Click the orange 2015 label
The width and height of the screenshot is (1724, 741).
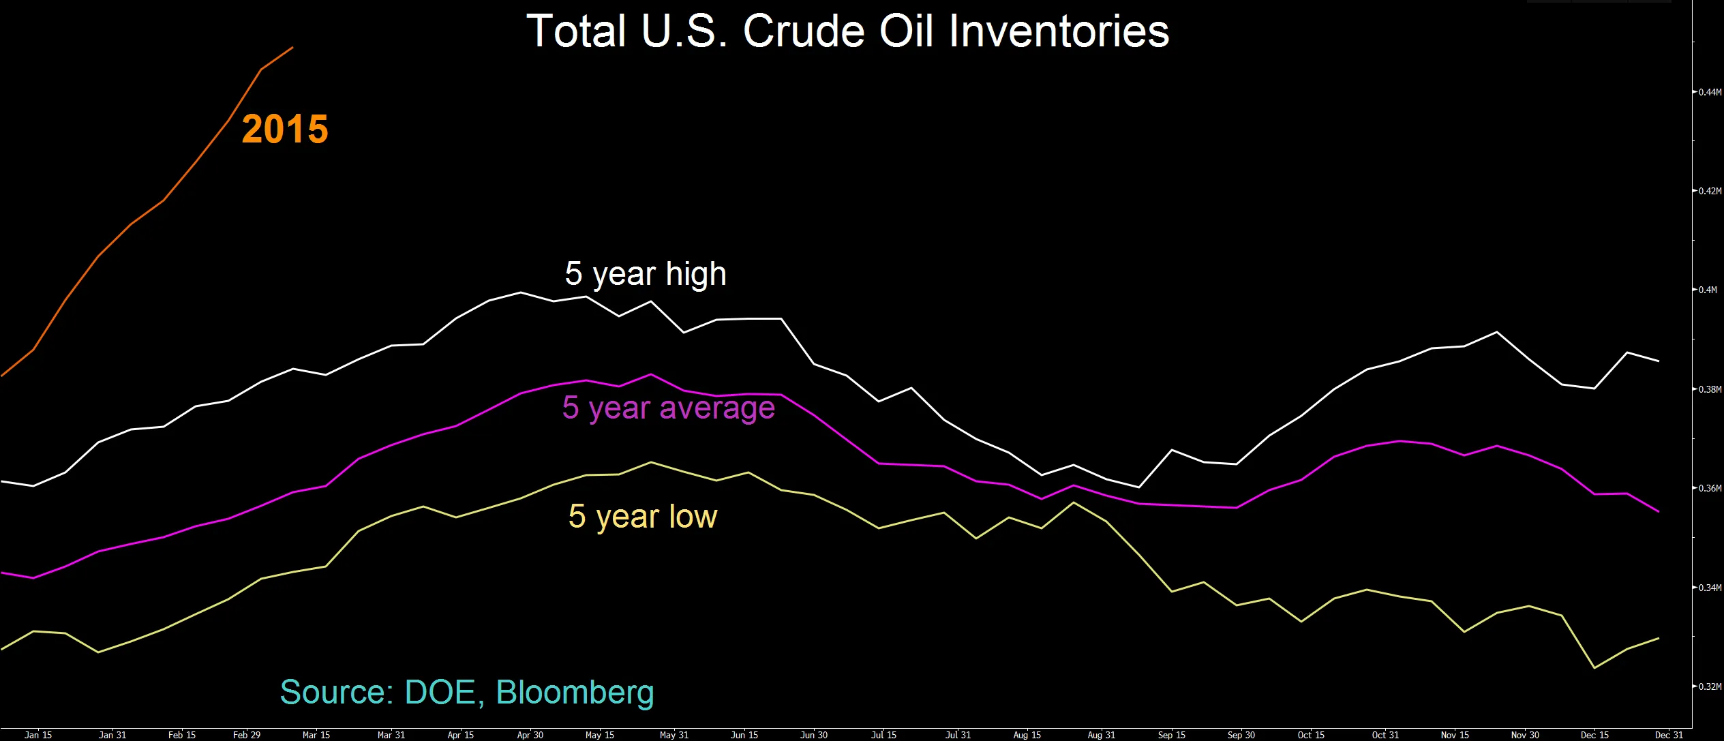click(285, 129)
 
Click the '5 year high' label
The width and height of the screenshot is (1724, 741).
click(645, 274)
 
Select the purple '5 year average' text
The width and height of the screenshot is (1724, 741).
click(668, 408)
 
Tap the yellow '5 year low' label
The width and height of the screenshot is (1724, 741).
click(642, 516)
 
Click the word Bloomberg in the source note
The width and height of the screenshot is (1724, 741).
click(575, 692)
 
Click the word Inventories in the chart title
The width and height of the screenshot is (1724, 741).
click(1059, 31)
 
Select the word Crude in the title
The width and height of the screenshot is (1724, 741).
click(804, 31)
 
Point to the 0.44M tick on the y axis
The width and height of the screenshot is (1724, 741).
click(1709, 92)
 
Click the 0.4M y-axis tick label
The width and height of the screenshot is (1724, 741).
click(1707, 290)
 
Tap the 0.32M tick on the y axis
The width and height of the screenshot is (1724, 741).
click(1709, 686)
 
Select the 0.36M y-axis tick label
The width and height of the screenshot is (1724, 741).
click(1709, 488)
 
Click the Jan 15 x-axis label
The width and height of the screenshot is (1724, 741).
click(38, 735)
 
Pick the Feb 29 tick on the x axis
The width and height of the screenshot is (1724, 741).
click(247, 735)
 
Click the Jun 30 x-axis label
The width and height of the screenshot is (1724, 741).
click(813, 735)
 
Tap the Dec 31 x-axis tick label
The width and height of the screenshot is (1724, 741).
click(1669, 735)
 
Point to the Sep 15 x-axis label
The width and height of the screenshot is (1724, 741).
click(1171, 735)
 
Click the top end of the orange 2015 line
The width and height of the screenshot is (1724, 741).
click(292, 48)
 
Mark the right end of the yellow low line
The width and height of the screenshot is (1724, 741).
click(1658, 638)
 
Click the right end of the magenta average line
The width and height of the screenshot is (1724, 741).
click(1658, 511)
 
